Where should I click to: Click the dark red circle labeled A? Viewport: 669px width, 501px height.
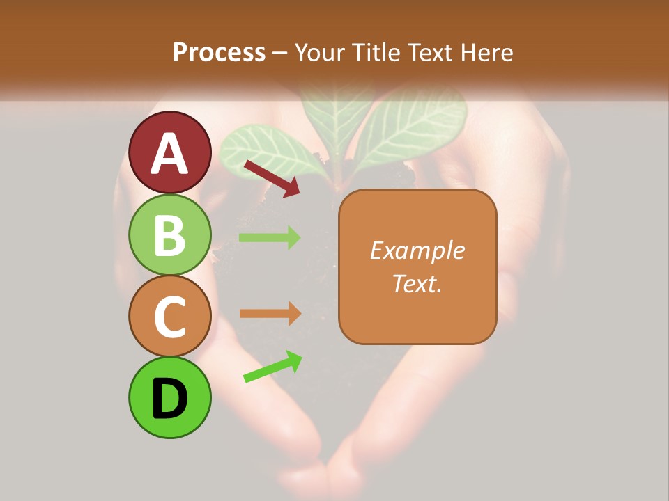(x=169, y=152)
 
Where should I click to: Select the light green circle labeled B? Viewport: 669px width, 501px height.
(x=169, y=234)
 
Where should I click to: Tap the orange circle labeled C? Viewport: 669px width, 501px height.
(x=169, y=316)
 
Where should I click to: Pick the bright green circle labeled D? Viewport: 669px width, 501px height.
(x=169, y=397)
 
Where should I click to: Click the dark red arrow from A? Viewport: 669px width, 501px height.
(x=271, y=178)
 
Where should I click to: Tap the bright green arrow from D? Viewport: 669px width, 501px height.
(x=272, y=367)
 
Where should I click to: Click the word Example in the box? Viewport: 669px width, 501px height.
(x=417, y=250)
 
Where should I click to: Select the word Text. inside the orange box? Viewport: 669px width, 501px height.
(x=417, y=283)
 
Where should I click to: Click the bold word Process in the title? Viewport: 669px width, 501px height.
(x=219, y=52)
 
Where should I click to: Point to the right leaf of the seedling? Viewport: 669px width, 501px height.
(x=411, y=125)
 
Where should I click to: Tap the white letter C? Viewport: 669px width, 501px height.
(x=169, y=317)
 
